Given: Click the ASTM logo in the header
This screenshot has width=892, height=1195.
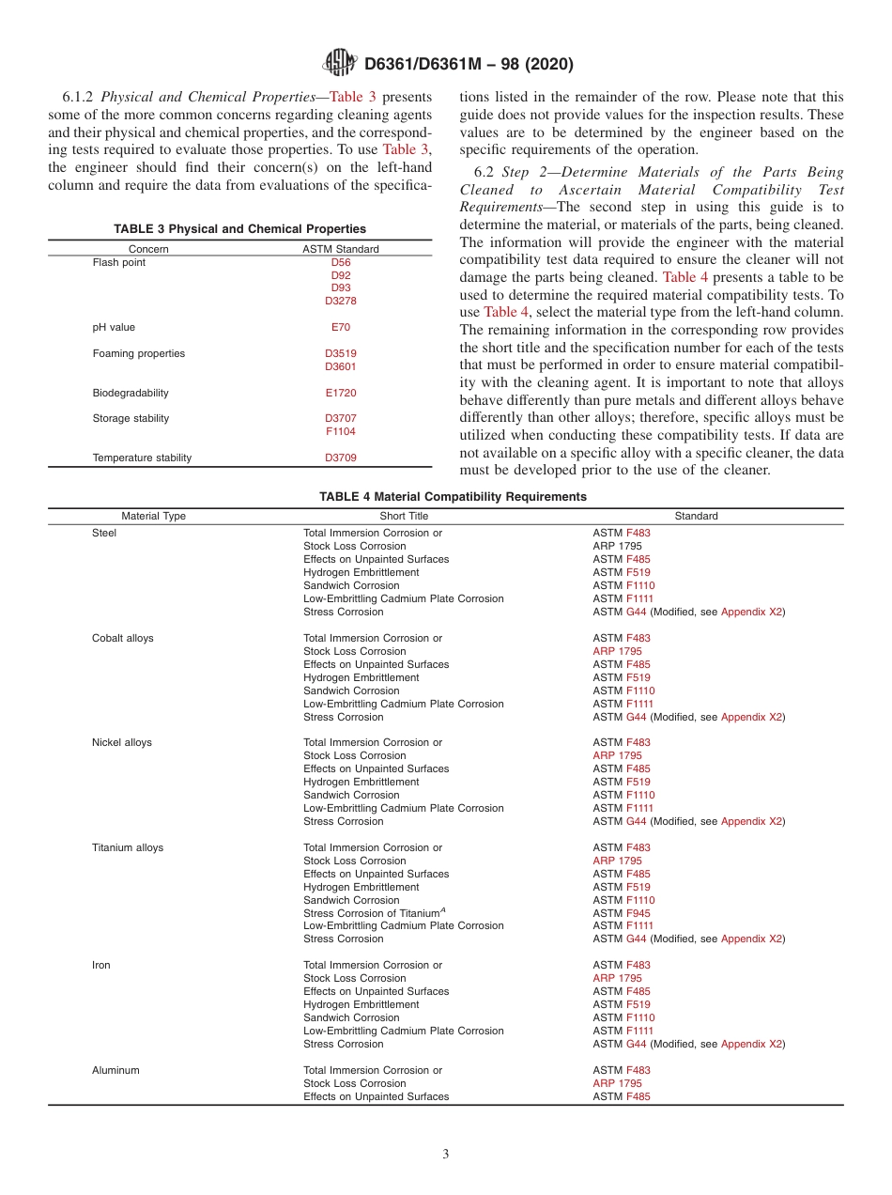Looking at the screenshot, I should pyautogui.click(x=339, y=63).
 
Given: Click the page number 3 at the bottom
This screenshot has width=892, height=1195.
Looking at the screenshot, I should pyautogui.click(x=446, y=1154).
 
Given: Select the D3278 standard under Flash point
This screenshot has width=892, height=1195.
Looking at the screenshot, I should pyautogui.click(x=341, y=302).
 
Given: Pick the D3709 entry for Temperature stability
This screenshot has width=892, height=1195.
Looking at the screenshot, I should pyautogui.click(x=341, y=458).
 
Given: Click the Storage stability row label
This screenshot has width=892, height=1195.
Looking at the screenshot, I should pyautogui.click(x=131, y=419).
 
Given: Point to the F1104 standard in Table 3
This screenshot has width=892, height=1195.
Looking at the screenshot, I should pyautogui.click(x=341, y=432).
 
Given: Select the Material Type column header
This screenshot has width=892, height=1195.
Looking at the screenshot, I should pyautogui.click(x=154, y=516).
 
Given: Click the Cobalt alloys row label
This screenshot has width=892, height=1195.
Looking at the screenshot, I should pyautogui.click(x=123, y=638).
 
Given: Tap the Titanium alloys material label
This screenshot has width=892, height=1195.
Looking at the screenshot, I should pyautogui.click(x=128, y=847).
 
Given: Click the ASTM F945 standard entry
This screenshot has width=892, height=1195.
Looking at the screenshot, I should pyautogui.click(x=622, y=913).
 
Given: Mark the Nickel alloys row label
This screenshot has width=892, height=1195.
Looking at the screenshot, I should pyautogui.click(x=122, y=742).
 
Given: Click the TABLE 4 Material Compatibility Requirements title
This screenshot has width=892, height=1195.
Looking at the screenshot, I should pyautogui.click(x=453, y=497).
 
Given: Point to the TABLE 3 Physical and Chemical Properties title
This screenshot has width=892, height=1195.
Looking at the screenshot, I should pyautogui.click(x=240, y=229).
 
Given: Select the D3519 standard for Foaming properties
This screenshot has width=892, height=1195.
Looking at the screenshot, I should pyautogui.click(x=341, y=354).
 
